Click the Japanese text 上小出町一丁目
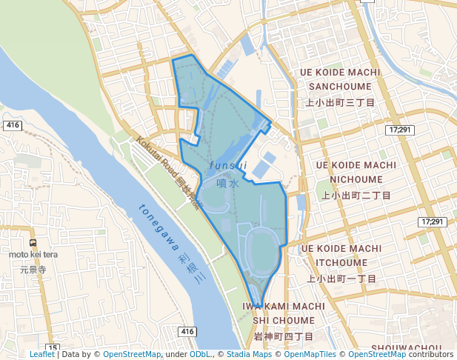341,279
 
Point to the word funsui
228,165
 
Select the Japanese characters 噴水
228,183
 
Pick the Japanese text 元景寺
33,270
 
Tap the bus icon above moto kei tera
33,243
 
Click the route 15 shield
52,347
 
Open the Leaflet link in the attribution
41,355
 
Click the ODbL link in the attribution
200,355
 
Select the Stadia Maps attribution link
249,355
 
